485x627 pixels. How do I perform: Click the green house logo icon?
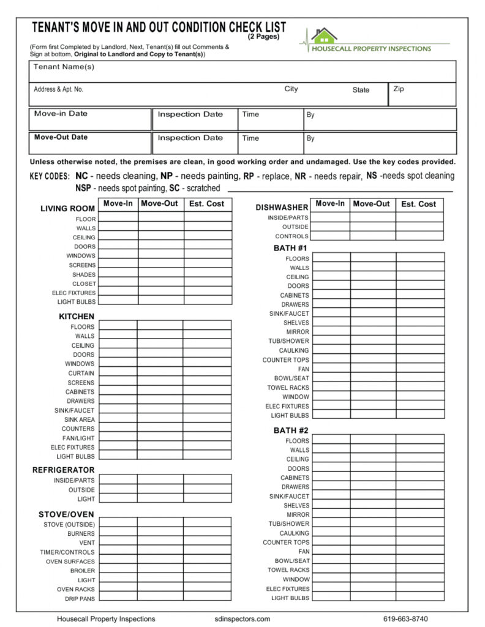click(x=323, y=36)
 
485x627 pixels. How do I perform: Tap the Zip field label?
click(x=399, y=89)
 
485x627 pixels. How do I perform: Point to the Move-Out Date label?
click(x=61, y=137)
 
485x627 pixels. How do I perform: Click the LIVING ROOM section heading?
click(x=67, y=209)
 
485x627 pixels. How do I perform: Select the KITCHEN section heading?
click(x=77, y=317)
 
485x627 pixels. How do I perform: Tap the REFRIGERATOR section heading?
click(x=63, y=470)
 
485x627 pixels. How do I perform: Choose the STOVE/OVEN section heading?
click(x=66, y=514)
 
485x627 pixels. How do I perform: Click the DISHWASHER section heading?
click(x=282, y=208)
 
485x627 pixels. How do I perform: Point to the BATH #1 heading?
click(x=290, y=248)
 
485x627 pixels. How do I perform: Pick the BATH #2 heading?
click(x=290, y=430)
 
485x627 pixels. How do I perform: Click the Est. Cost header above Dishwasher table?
click(x=419, y=204)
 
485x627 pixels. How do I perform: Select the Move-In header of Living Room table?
click(x=118, y=203)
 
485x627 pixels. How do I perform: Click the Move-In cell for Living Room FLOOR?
click(x=118, y=219)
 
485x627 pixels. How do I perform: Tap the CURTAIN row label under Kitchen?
click(x=81, y=373)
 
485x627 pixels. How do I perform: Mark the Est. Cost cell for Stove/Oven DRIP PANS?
click(x=207, y=598)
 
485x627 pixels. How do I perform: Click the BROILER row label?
click(x=83, y=571)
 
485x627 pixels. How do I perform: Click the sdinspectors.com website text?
click(x=243, y=619)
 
